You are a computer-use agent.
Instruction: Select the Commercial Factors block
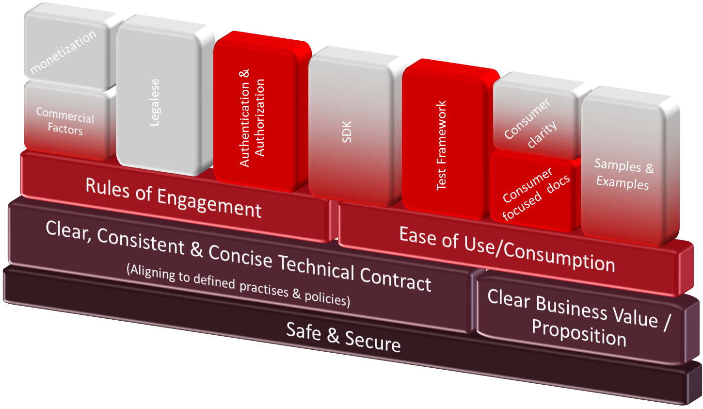pos(65,121)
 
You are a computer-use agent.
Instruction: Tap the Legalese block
pos(155,102)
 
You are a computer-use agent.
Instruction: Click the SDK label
pos(347,132)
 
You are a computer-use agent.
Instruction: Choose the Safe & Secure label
pos(343,337)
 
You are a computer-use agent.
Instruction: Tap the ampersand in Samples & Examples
pos(649,169)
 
